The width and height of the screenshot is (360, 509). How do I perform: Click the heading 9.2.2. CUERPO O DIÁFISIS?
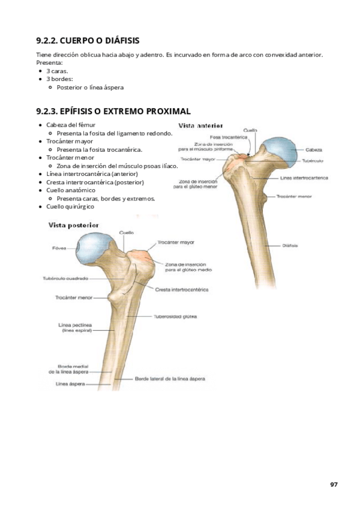coord(88,41)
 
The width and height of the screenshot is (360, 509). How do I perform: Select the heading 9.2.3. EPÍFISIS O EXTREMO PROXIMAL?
coord(114,111)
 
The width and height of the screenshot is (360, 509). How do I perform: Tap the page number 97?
coord(334,484)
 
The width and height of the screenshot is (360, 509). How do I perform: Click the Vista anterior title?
coord(201,126)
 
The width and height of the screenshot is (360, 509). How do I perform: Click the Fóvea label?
coord(59,247)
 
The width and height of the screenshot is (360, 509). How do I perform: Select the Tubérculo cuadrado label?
coord(66,279)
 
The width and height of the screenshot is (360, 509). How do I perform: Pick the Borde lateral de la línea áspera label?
coord(170,379)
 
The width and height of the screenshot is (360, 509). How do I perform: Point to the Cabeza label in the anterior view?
coord(313,149)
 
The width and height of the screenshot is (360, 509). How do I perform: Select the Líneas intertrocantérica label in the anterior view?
coord(304,178)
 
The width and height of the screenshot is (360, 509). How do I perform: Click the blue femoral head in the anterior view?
coord(278,150)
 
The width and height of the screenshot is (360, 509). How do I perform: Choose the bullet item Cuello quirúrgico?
coord(70,206)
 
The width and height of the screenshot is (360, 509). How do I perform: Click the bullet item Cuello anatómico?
coord(71,190)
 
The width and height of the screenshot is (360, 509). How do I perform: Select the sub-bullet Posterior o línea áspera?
coord(90,87)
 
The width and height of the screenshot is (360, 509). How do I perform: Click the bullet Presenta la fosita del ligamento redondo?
coord(115,133)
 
